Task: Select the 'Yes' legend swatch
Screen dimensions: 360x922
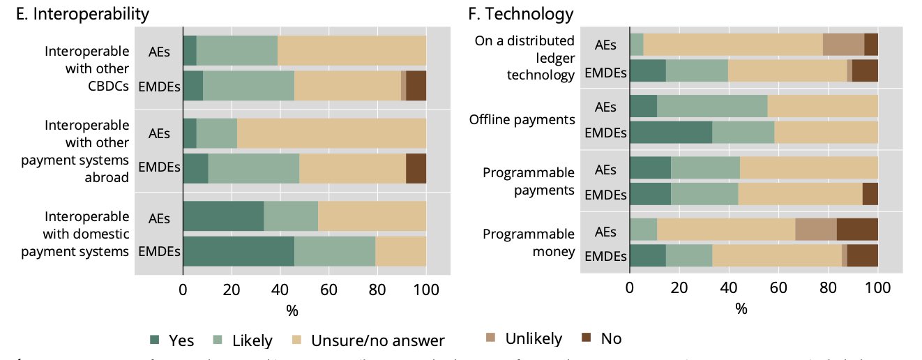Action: pos(155,340)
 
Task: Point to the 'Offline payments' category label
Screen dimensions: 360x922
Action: pos(522,119)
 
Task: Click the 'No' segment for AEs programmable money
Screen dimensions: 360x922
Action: pos(856,230)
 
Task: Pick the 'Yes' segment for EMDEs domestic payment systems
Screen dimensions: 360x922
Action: pos(239,251)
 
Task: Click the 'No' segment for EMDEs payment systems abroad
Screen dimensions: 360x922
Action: pos(416,168)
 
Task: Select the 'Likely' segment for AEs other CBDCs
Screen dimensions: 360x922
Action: pos(237,50)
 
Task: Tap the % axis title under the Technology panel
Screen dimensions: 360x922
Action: pos(741,308)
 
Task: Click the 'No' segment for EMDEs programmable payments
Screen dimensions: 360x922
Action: pos(870,194)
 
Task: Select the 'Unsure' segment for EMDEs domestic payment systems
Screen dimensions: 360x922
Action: pos(400,251)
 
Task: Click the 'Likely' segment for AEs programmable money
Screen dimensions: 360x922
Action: pos(643,230)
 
